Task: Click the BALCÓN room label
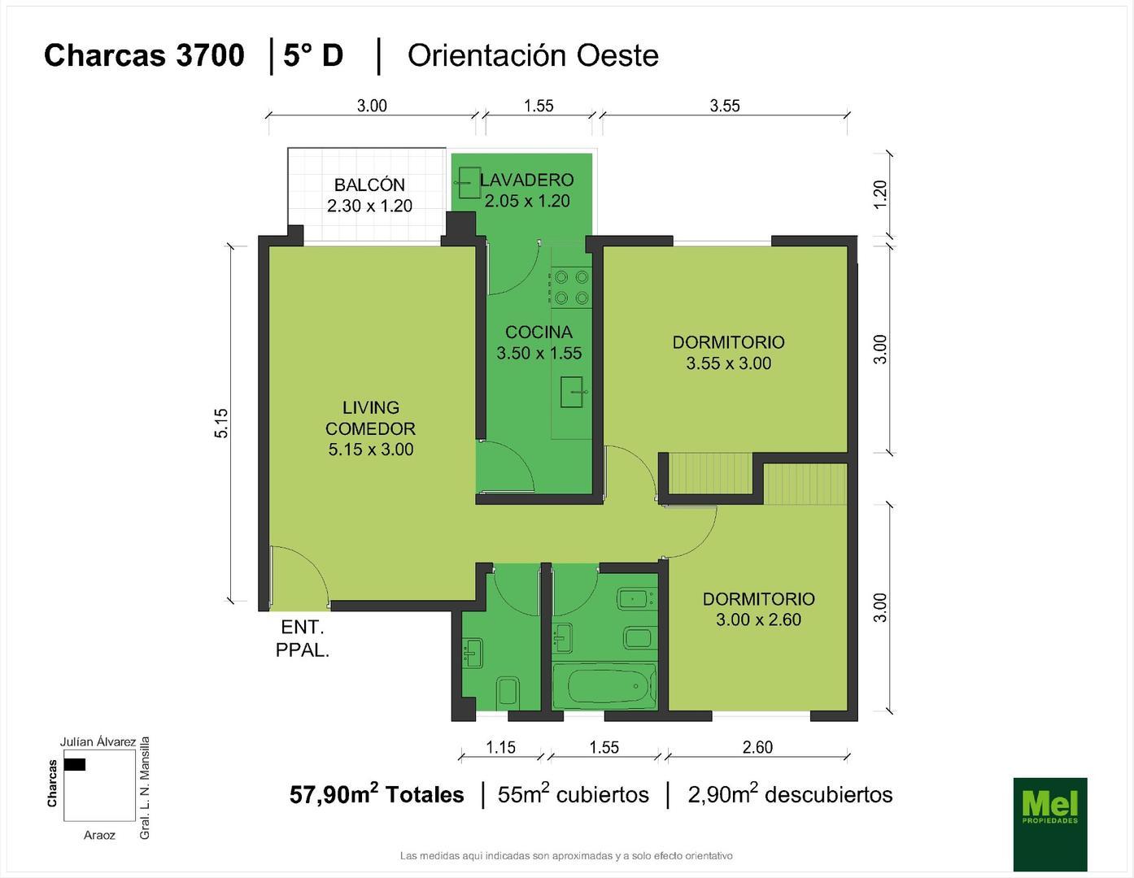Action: [369, 185]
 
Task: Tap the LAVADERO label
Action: [526, 180]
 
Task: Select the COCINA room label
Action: [539, 332]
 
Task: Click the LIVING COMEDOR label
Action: [370, 418]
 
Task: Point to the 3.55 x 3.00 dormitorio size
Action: [728, 363]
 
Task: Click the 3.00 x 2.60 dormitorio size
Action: [758, 619]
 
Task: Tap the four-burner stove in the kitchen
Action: [571, 288]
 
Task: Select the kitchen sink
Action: [574, 392]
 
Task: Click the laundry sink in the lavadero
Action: [469, 183]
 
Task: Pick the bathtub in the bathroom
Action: [604, 685]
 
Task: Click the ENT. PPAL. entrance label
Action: [303, 638]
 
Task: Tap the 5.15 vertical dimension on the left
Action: [221, 423]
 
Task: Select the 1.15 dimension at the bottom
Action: [500, 747]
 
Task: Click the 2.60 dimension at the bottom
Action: [757, 747]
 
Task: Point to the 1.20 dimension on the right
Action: [880, 194]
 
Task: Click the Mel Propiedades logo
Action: [1049, 824]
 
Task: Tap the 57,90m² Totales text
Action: [377, 794]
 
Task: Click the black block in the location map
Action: [74, 764]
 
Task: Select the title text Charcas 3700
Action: [144, 55]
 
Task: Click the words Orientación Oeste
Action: [533, 55]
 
